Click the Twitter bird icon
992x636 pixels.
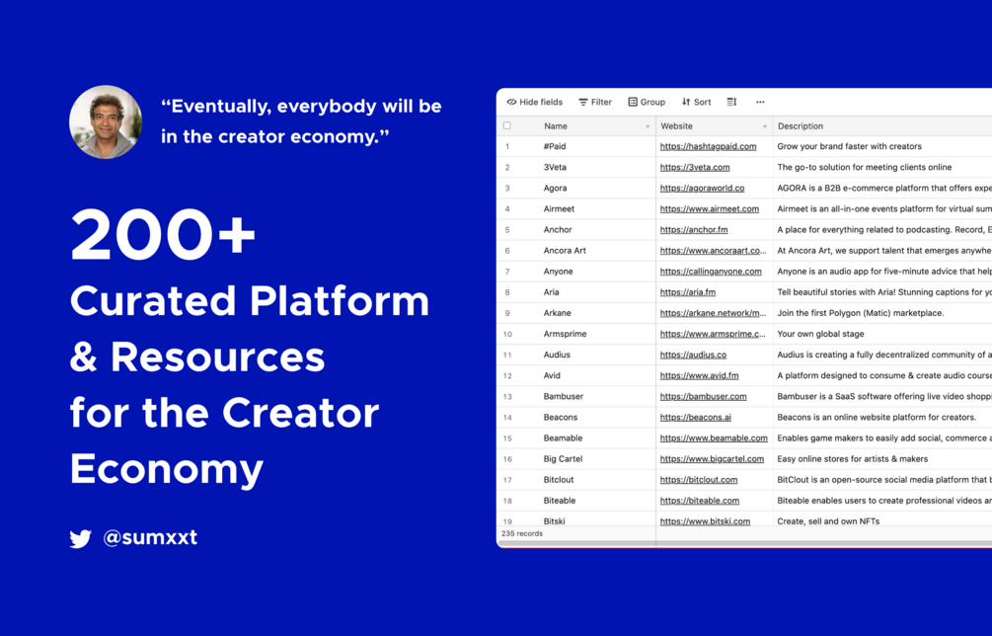click(80, 538)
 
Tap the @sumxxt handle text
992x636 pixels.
click(150, 537)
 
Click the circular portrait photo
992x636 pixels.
click(106, 121)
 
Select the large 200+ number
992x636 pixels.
click(163, 235)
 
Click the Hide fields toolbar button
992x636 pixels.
click(535, 102)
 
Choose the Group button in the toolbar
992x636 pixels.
click(647, 102)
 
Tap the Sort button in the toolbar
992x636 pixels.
click(697, 102)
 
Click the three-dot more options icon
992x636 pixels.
click(760, 102)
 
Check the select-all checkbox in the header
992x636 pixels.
click(506, 126)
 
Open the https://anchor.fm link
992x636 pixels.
click(694, 230)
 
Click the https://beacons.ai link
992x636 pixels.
click(695, 417)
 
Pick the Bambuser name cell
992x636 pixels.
click(563, 396)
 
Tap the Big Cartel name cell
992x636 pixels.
click(563, 459)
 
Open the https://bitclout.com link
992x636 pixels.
click(699, 480)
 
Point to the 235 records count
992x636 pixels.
click(522, 533)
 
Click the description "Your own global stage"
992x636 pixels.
click(820, 334)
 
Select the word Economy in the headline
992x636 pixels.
click(167, 470)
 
